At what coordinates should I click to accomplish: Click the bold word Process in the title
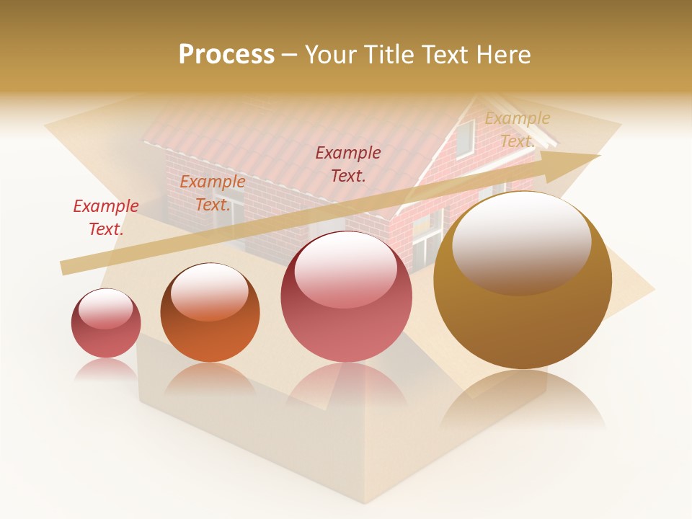coord(226,55)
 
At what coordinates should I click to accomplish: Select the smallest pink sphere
coord(106,324)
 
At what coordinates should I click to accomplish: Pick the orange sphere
coord(210,313)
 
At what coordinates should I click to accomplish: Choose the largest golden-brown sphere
coord(523,280)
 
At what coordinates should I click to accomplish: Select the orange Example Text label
coord(212,193)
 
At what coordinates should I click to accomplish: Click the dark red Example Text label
coord(348,164)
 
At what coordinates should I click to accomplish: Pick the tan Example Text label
coord(517,130)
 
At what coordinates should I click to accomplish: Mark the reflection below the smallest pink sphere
coord(106,369)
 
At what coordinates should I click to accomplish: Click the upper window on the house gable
coord(465,138)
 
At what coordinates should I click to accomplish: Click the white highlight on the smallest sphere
coord(106,309)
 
